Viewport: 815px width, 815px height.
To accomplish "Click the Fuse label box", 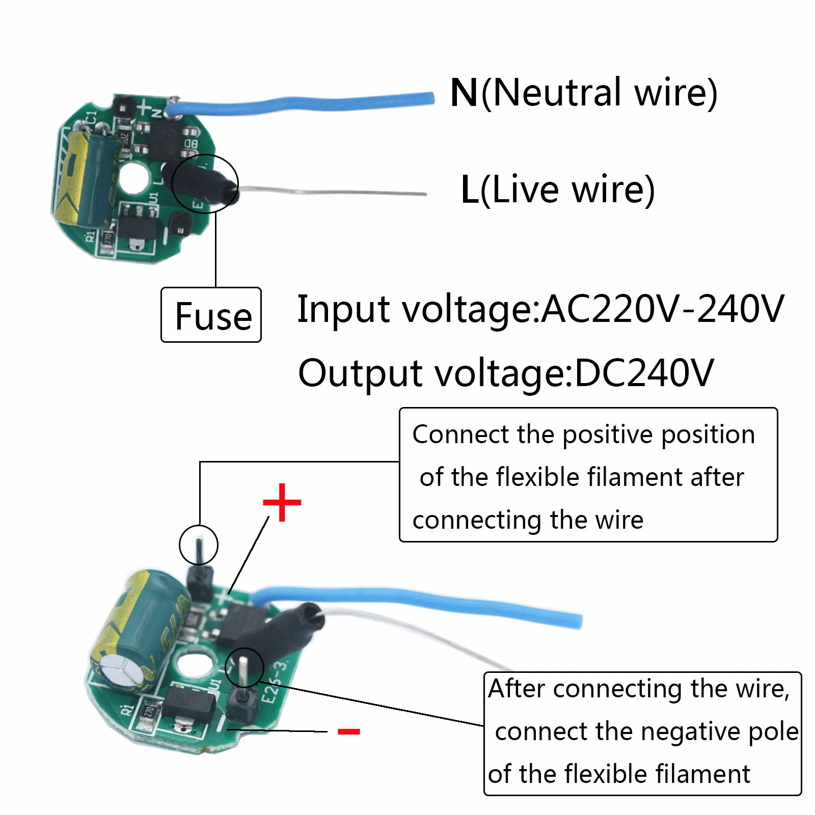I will pos(211,315).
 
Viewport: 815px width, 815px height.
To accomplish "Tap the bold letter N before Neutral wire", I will pos(464,93).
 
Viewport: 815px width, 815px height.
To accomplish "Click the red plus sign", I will pos(282,503).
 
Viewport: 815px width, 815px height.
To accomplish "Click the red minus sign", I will pos(349,731).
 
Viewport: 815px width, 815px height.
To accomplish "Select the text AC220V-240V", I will pos(662,309).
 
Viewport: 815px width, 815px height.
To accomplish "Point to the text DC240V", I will pos(644,373).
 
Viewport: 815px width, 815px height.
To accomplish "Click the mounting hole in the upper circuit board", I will pos(134,179).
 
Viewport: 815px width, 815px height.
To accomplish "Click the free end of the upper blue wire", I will pos(430,98).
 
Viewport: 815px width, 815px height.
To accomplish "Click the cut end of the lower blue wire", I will pos(579,621).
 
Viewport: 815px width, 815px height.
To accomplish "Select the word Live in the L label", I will pos(525,189).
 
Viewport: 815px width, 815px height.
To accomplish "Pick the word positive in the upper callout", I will pos(608,435).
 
